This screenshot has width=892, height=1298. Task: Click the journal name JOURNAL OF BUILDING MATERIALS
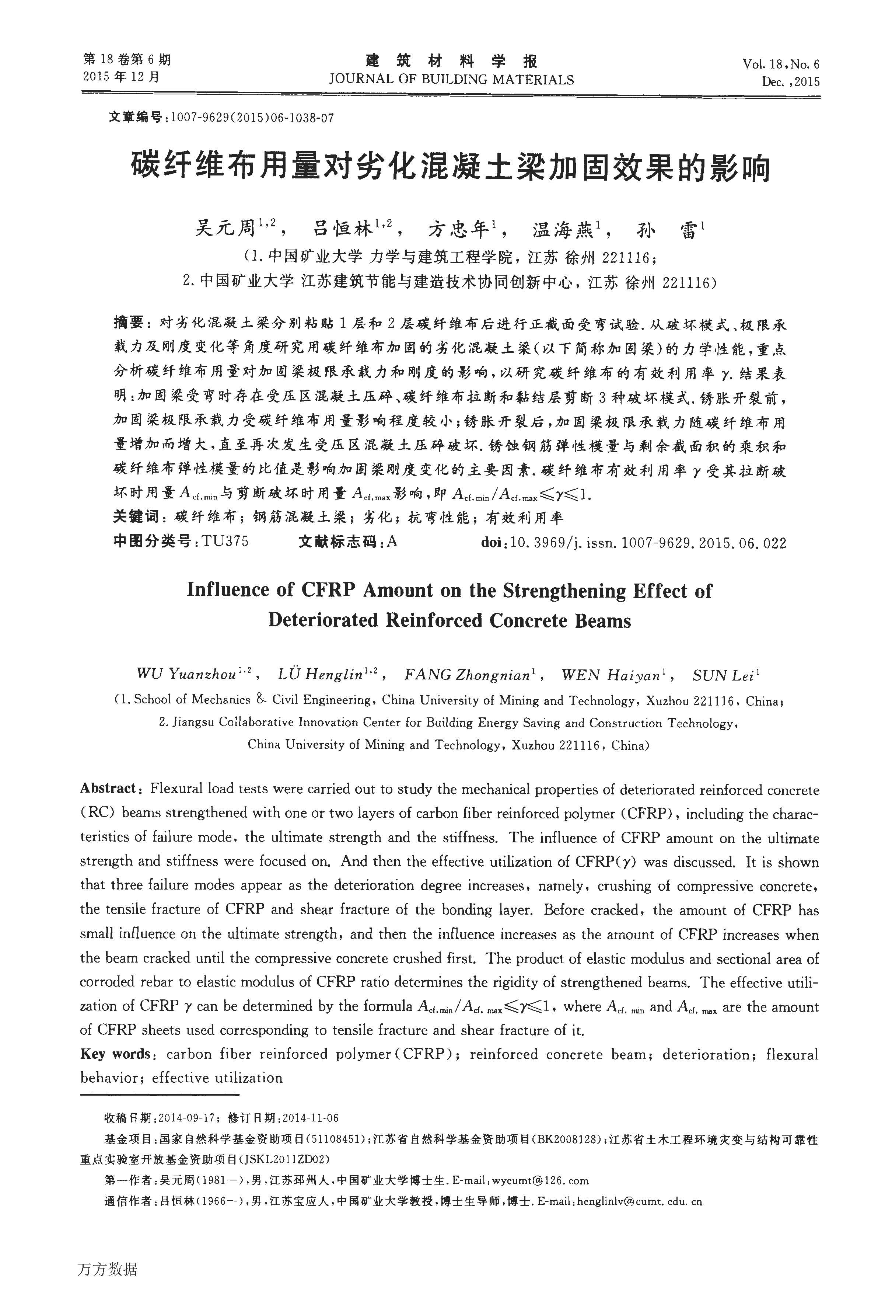click(451, 79)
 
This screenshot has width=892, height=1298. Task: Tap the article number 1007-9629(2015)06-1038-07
click(252, 118)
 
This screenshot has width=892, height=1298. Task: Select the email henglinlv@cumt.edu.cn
click(638, 1201)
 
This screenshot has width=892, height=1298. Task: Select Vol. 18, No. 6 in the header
click(781, 64)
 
